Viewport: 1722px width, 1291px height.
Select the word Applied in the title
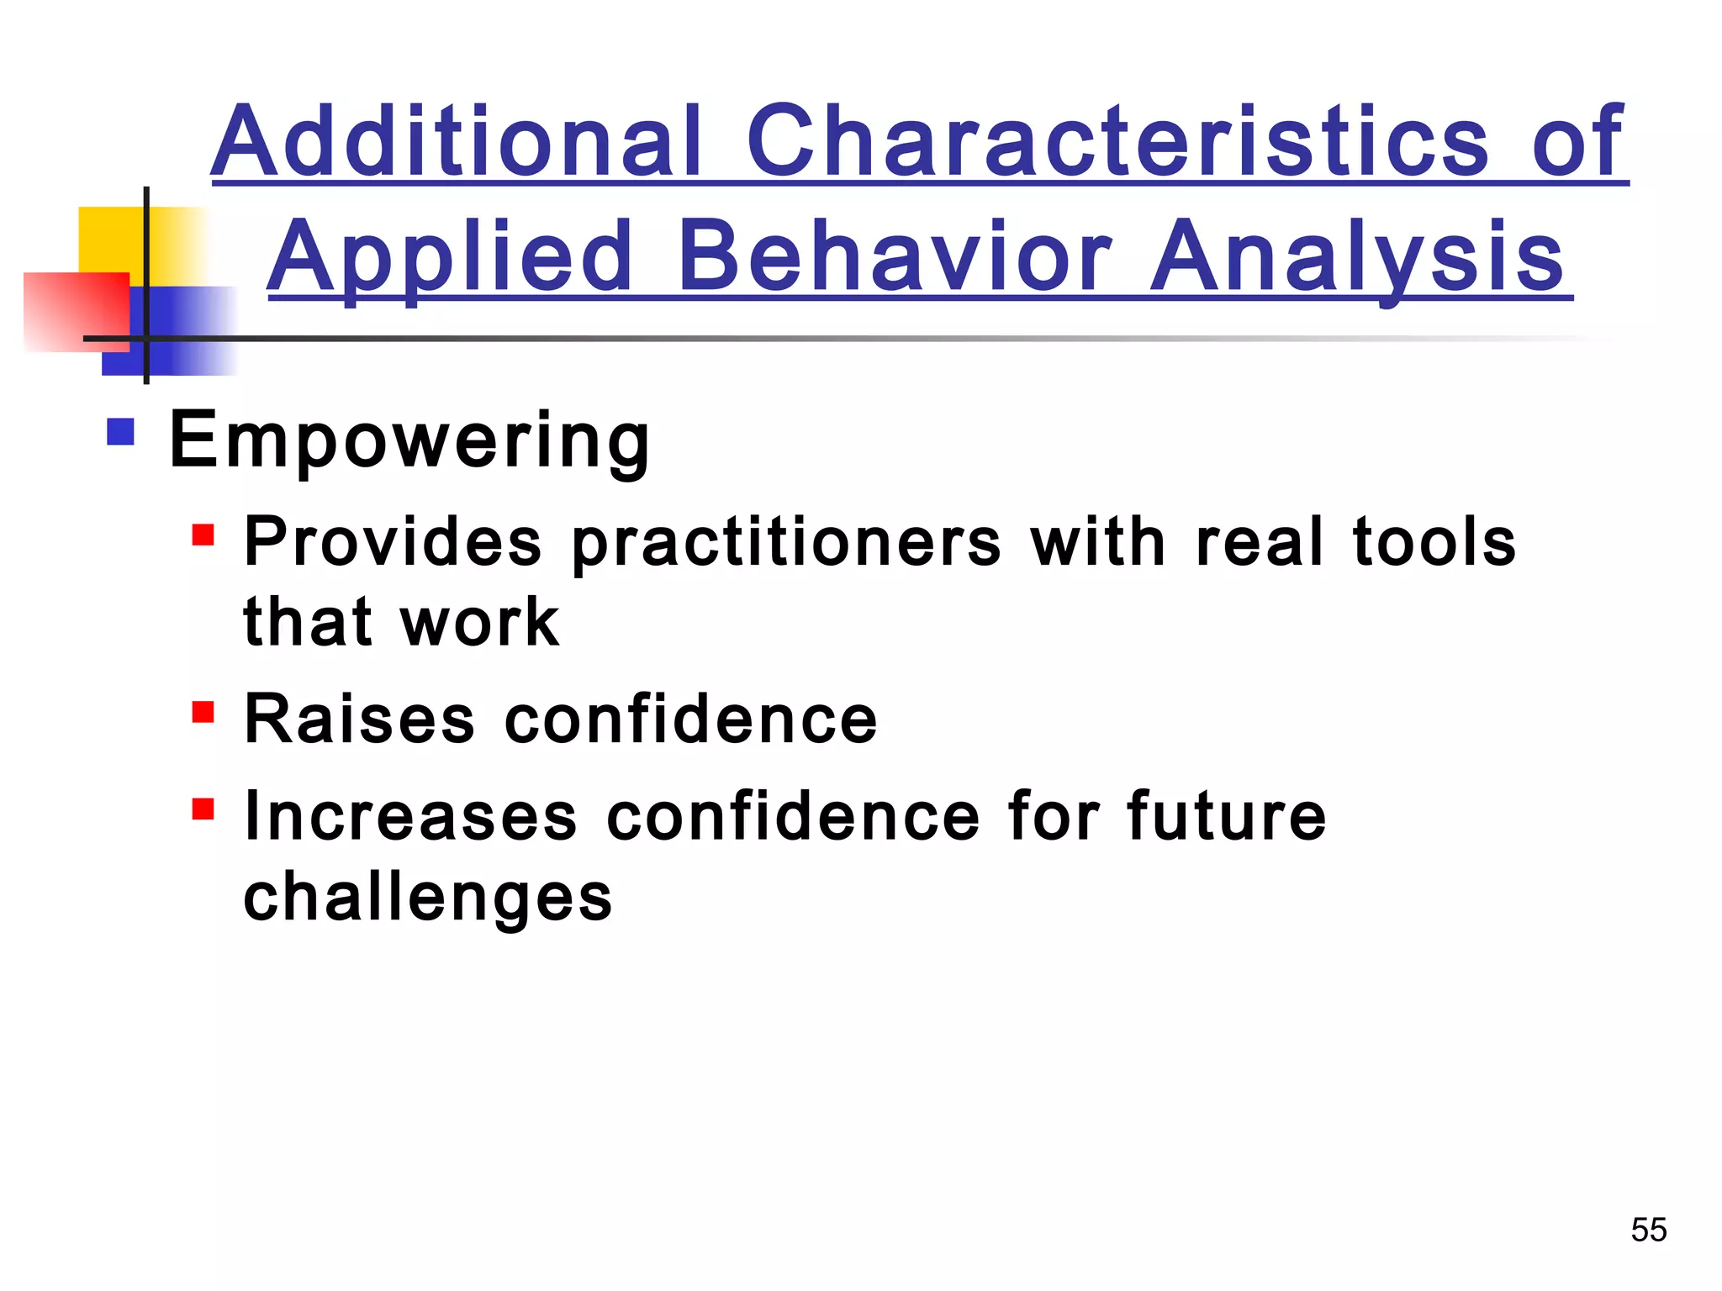[x=449, y=257]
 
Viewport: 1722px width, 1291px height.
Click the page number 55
[x=1648, y=1230]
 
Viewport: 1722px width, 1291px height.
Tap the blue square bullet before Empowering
[x=121, y=432]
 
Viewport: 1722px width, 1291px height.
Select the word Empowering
[x=409, y=440]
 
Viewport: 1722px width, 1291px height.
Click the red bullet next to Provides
[x=203, y=535]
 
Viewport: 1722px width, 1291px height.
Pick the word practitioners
[x=786, y=544]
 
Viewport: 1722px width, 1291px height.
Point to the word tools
[x=1434, y=542]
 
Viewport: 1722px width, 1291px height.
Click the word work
[x=480, y=623]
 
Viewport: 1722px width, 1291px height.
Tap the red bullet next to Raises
[x=203, y=712]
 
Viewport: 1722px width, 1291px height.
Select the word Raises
[x=360, y=719]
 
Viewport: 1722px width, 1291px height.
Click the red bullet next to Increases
[x=203, y=809]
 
